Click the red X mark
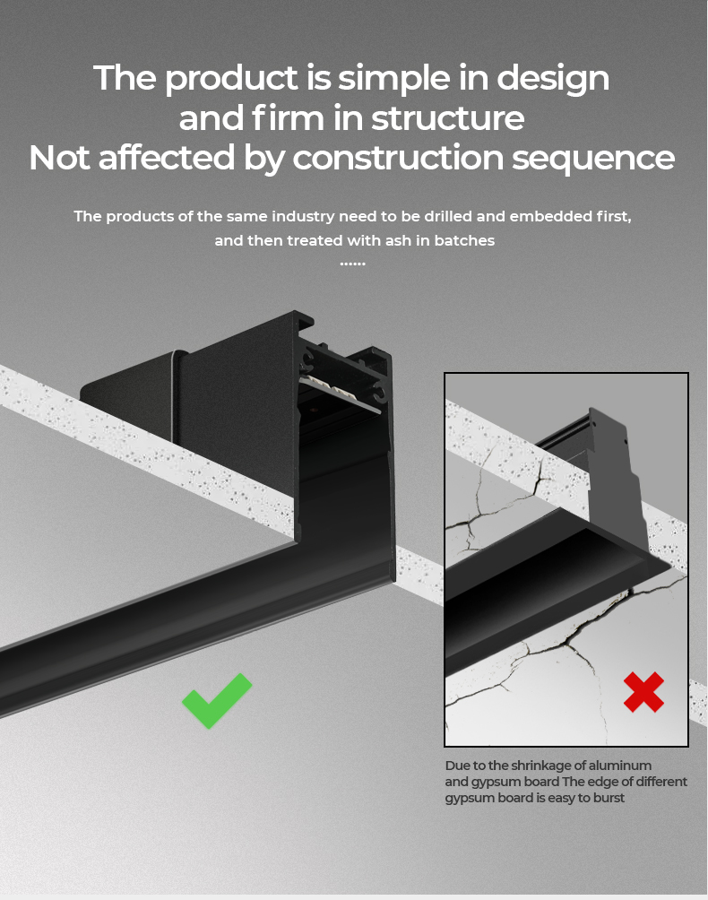click(x=643, y=692)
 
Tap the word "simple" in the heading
click(x=393, y=79)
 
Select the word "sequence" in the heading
click(x=593, y=159)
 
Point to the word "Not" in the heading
click(x=58, y=157)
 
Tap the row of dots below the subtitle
click(x=353, y=264)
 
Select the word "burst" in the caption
click(x=608, y=798)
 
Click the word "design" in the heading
click(x=553, y=79)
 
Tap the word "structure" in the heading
click(x=447, y=118)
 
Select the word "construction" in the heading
click(x=398, y=158)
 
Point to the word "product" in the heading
click(x=231, y=79)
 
